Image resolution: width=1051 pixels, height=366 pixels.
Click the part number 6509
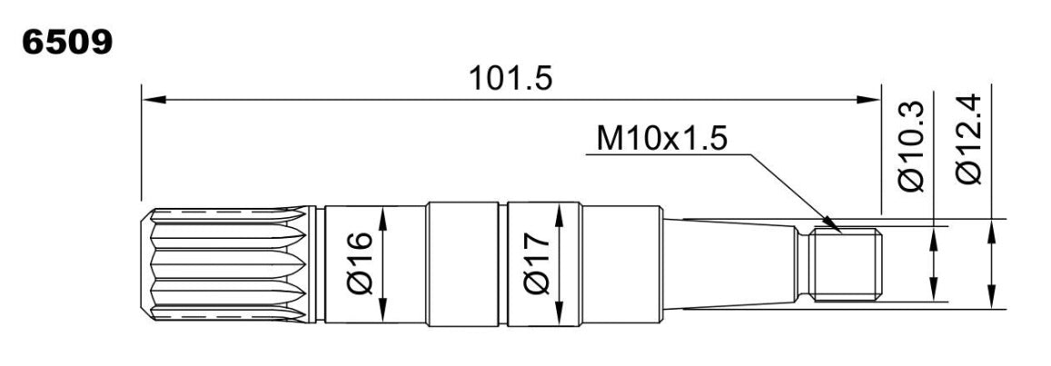[x=67, y=43]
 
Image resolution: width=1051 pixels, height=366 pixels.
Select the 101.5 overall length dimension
[x=511, y=78]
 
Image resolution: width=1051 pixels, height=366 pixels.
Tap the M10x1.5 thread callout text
[x=661, y=140]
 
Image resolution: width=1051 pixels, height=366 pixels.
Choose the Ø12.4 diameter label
[x=969, y=139]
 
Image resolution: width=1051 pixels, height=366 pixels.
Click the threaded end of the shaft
[x=846, y=264]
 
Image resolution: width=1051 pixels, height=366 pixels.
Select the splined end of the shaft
[x=229, y=264]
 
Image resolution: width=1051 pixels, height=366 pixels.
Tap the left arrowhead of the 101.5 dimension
[x=154, y=100]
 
